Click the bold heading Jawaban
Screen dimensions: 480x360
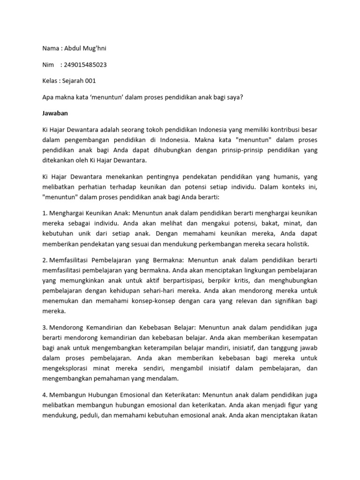[x=55, y=113]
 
